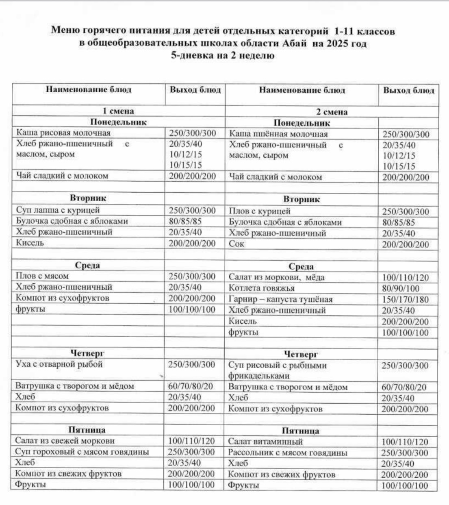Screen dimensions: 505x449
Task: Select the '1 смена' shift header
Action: tap(118, 111)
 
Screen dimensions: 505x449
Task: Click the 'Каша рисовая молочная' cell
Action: tap(63, 133)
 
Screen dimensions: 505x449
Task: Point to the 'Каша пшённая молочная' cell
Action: tap(278, 134)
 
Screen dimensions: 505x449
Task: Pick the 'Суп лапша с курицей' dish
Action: tap(58, 210)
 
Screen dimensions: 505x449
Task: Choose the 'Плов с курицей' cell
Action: tap(260, 211)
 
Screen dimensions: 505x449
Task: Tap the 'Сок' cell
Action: tap(236, 244)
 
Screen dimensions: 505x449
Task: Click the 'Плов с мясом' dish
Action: tap(42, 276)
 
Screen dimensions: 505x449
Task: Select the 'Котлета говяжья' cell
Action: tap(262, 288)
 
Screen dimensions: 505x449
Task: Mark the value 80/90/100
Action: tap(401, 289)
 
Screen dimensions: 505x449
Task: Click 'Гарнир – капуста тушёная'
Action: tap(280, 300)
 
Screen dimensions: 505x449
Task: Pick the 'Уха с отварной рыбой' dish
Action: tap(59, 364)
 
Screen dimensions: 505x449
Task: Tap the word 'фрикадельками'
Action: tap(259, 376)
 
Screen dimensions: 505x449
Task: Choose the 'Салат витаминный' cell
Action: tap(265, 442)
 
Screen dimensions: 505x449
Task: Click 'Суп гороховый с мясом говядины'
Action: tap(82, 452)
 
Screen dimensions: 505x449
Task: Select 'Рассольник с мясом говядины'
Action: tap(288, 453)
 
